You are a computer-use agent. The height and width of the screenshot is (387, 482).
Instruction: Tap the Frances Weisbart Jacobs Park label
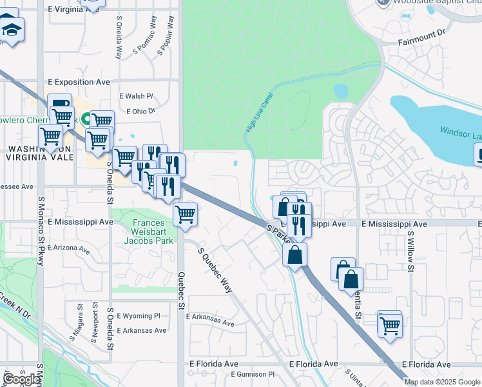153,232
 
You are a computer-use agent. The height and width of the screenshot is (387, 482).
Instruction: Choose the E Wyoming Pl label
138,316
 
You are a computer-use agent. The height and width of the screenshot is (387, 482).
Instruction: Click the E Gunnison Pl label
252,374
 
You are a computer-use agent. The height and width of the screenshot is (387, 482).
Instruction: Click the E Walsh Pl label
136,96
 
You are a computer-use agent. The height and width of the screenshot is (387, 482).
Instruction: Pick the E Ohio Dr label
141,111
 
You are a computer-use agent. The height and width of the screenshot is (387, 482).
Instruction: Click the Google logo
21,379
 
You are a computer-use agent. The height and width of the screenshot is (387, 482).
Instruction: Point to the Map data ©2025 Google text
442,382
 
